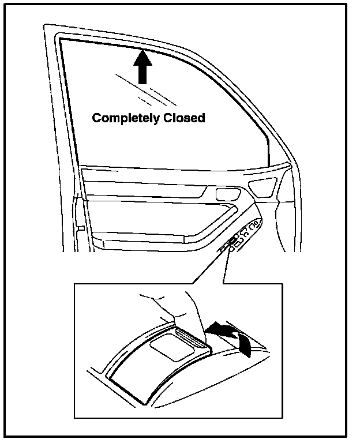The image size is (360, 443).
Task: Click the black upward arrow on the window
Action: (x=143, y=68)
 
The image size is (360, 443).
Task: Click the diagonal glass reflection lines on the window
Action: (x=144, y=89)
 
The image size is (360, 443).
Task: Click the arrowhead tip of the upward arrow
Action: (x=143, y=51)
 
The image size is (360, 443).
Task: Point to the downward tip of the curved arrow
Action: (x=249, y=352)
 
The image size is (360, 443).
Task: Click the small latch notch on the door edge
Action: (x=81, y=230)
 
